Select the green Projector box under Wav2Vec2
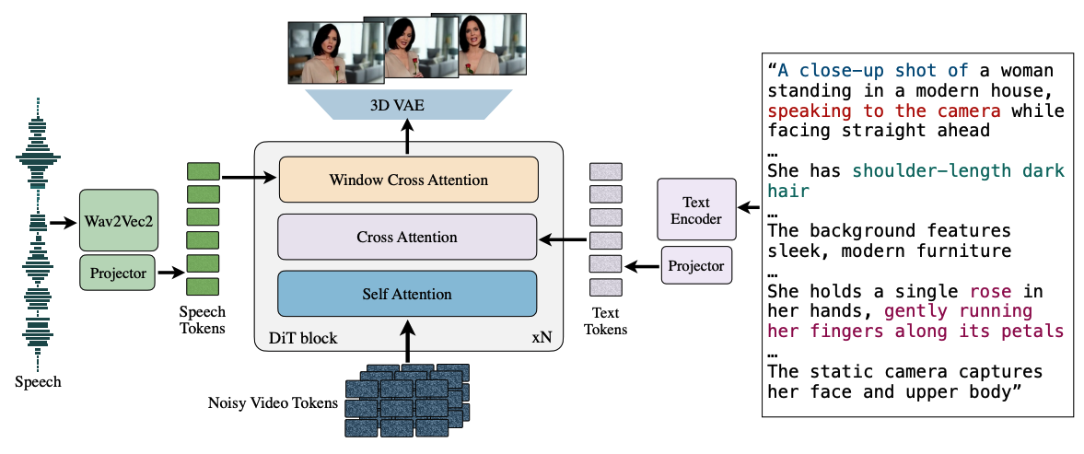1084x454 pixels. [x=119, y=273]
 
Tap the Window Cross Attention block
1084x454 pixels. [x=408, y=180]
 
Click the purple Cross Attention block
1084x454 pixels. [x=407, y=237]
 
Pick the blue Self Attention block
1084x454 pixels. [x=407, y=294]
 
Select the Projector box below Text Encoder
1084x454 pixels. [x=696, y=265]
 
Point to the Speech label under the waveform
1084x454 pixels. [x=38, y=381]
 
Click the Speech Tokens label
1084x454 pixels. [x=202, y=320]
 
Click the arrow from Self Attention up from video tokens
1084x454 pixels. [x=407, y=341]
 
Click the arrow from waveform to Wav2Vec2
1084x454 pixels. [x=63, y=222]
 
